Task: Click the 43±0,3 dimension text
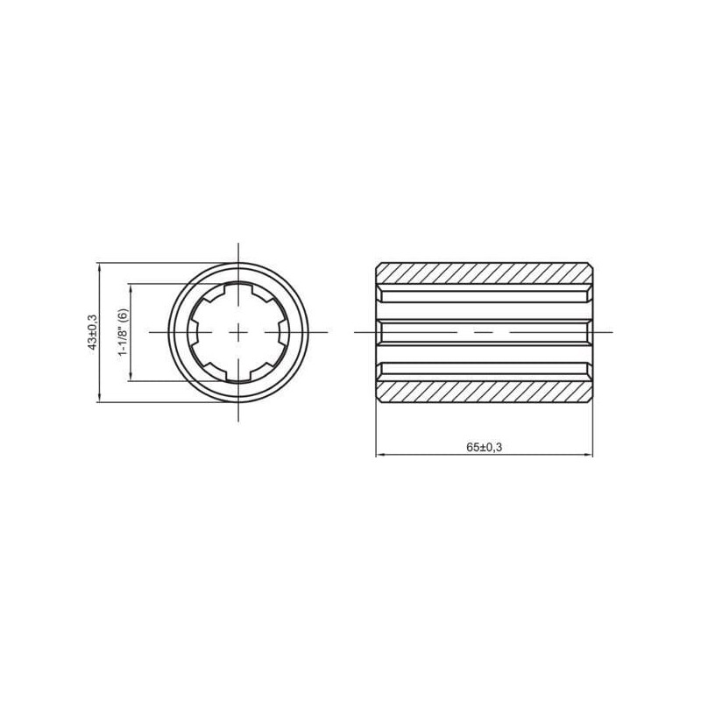(x=93, y=332)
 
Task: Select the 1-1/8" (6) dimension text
(x=124, y=332)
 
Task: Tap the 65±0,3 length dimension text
(x=485, y=447)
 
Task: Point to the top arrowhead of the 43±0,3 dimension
(x=99, y=267)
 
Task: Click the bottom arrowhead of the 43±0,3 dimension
(x=99, y=398)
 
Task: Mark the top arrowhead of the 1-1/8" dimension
(x=131, y=288)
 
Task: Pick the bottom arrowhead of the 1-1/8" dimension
(x=131, y=377)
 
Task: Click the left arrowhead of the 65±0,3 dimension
(x=380, y=455)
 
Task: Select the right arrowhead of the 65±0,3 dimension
(x=588, y=455)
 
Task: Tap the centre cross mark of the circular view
(x=238, y=332)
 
